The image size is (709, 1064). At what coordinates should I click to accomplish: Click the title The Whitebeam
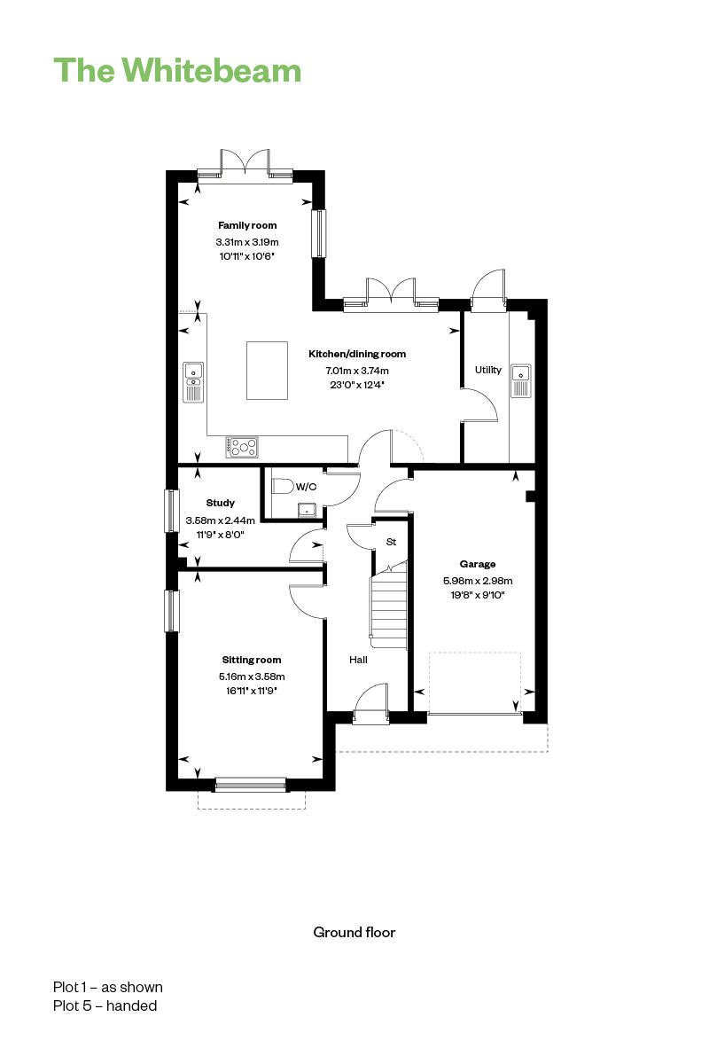pos(177,70)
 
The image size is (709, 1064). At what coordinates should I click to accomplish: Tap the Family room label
pos(247,225)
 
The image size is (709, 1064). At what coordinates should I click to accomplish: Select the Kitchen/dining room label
pos(357,354)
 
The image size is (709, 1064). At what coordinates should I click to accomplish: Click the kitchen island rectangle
pos(267,371)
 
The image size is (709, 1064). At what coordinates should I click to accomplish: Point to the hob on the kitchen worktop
pos(242,447)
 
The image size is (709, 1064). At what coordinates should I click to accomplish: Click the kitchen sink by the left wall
pos(193,382)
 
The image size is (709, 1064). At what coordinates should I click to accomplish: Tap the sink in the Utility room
pos(521,381)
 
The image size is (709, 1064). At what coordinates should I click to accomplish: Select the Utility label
pos(488,370)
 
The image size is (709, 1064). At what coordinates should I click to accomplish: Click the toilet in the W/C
pos(283,487)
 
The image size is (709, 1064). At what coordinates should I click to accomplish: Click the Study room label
pos(221,503)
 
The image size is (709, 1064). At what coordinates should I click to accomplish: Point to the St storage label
pos(391,542)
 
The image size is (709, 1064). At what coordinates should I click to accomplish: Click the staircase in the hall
pos(389,604)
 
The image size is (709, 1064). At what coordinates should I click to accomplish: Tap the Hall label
pos(358,660)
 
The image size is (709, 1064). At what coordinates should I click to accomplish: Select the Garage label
pos(478,564)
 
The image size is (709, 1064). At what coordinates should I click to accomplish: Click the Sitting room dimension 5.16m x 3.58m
pos(252,677)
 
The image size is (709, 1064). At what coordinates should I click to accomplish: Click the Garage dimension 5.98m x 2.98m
pos(478,581)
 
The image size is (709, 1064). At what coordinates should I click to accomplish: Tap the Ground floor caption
pos(354,933)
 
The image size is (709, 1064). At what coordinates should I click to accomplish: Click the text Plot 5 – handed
pos(105,1005)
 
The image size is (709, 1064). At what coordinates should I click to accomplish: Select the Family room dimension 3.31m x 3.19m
pos(247,242)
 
